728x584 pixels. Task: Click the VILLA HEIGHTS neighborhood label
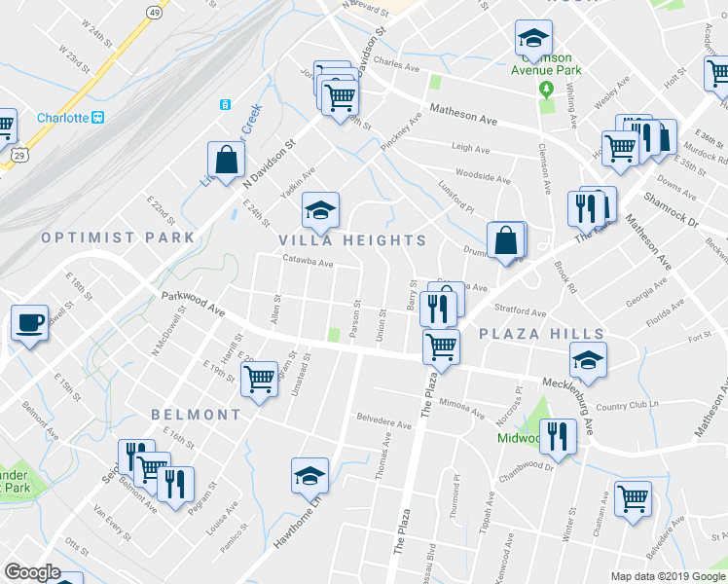coord(352,240)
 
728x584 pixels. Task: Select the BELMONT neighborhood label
coord(196,415)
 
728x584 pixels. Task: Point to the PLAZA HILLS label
coord(529,333)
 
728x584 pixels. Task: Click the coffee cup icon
coord(30,323)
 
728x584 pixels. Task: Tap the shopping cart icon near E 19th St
coord(260,379)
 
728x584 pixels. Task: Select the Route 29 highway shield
coord(19,154)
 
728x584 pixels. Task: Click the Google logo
coord(32,572)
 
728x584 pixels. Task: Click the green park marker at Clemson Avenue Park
coord(546,90)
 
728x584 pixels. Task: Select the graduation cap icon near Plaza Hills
coord(588,359)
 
